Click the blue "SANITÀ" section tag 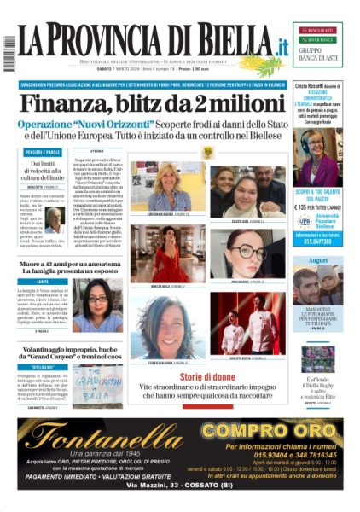(x=42, y=282)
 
